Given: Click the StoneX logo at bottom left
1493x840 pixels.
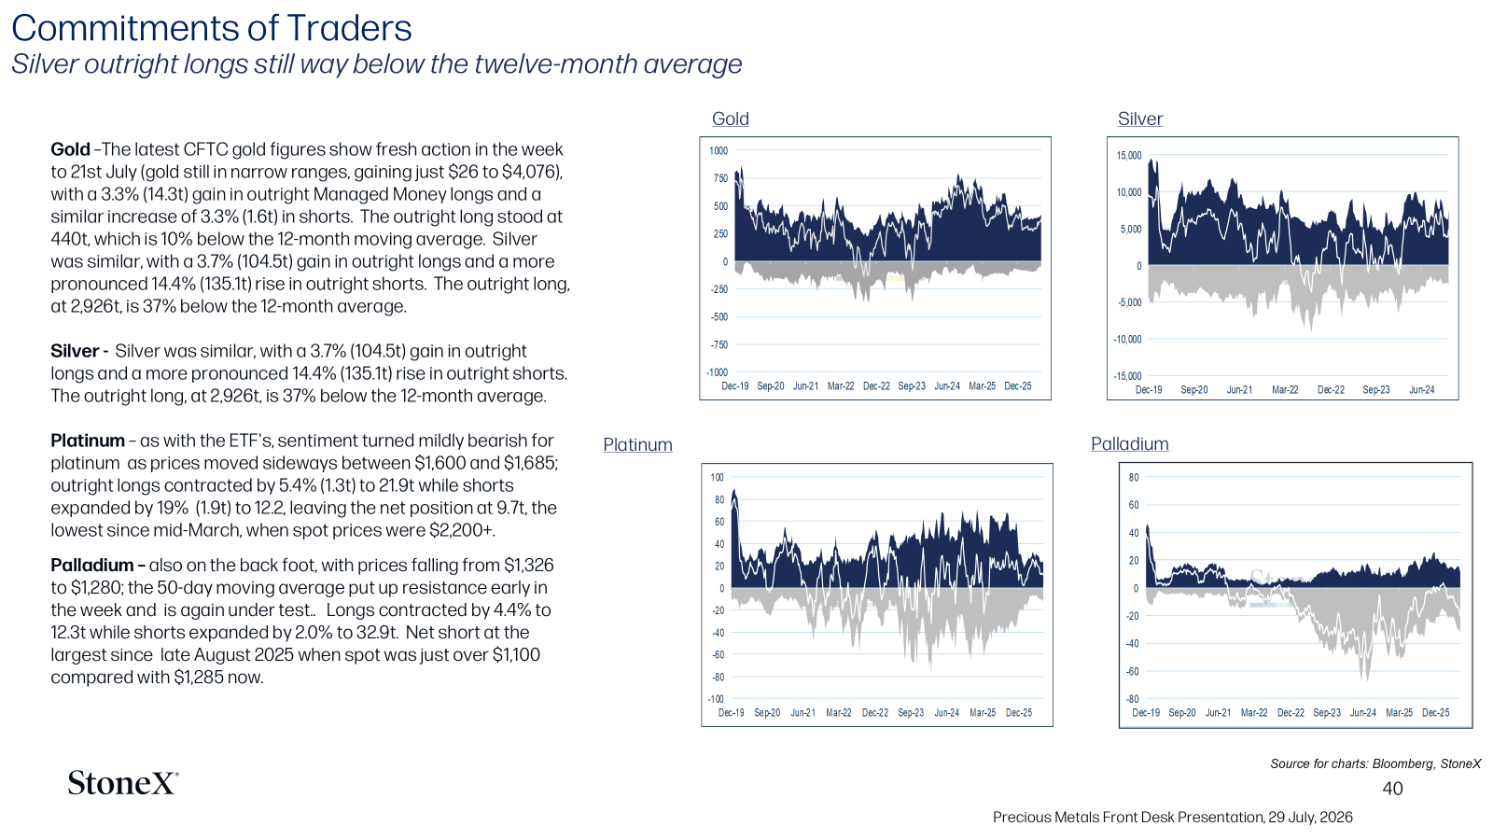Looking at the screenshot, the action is (x=122, y=783).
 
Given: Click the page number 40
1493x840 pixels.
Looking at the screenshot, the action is (x=1392, y=789).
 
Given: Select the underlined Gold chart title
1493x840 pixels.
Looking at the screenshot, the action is (x=731, y=119).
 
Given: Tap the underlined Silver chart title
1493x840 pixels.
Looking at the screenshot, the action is (x=1139, y=119).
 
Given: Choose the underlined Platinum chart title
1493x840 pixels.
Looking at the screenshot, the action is (x=637, y=444).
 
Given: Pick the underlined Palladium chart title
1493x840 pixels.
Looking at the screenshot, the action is (x=1130, y=444).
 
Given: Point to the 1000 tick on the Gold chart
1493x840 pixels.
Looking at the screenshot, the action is (x=719, y=150).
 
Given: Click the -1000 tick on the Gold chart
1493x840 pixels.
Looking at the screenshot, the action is (x=718, y=372).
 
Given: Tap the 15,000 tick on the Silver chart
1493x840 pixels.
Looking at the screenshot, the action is (x=1129, y=155).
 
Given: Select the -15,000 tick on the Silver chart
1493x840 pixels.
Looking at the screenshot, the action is (x=1128, y=376).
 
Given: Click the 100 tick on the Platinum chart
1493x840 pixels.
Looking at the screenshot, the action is (x=718, y=477).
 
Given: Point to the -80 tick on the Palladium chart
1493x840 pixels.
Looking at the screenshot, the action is (x=1133, y=699).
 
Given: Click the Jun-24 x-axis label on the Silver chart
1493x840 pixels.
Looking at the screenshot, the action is (x=1422, y=390).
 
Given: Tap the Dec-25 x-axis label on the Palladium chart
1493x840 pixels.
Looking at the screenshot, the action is (x=1436, y=713).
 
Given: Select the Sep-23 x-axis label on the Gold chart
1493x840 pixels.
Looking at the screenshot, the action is (x=912, y=386).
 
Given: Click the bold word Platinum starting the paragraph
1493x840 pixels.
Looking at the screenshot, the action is (x=88, y=441).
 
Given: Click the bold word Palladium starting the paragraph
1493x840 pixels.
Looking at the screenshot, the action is (x=91, y=566).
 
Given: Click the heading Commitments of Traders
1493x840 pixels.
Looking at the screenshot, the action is (x=212, y=28).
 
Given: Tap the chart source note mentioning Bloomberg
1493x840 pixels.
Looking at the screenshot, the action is (x=1375, y=763).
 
